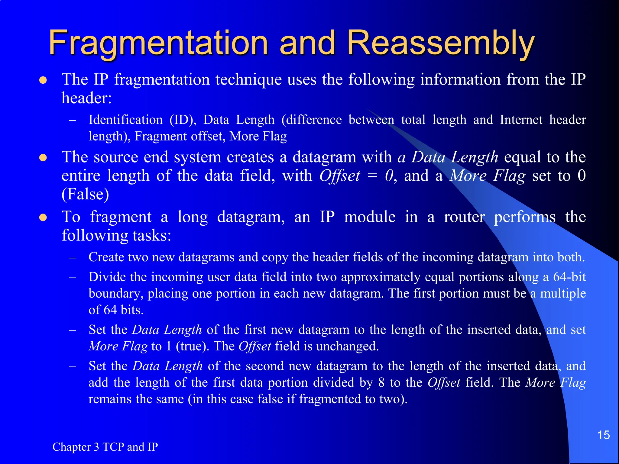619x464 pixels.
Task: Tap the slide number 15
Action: (x=603, y=435)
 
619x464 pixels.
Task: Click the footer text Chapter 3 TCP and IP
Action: (x=105, y=447)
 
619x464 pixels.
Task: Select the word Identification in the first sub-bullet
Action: (x=125, y=120)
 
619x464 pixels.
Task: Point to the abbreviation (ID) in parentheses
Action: (x=183, y=120)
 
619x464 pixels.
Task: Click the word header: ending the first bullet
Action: (x=87, y=98)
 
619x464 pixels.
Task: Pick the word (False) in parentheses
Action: (x=85, y=194)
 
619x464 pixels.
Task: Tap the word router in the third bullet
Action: (x=464, y=217)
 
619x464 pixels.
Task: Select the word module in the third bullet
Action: (x=370, y=217)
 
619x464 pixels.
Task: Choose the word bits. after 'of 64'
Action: (x=132, y=310)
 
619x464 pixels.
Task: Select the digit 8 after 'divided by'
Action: (x=381, y=383)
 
